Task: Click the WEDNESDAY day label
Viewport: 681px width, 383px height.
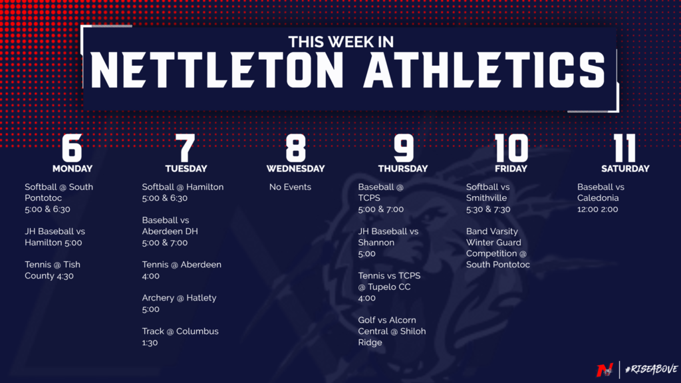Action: pos(295,168)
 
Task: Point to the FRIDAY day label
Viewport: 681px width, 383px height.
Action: pos(511,168)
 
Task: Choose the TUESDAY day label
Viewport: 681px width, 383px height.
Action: pos(186,168)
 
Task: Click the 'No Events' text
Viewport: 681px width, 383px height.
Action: pos(290,187)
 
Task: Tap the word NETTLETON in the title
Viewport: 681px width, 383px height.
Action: pos(217,70)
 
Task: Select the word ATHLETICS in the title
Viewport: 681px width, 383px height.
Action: pos(485,70)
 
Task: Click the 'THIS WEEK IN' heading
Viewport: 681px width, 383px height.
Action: pos(341,42)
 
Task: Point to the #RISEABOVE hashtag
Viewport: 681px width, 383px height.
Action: pos(651,370)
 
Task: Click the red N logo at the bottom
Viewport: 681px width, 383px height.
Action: pos(605,370)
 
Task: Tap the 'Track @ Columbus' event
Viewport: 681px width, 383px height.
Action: pos(180,331)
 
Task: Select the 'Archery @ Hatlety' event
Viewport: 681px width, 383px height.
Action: pos(179,298)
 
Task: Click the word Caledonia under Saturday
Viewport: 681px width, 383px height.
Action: pos(598,198)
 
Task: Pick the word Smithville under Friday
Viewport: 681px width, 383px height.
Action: pos(486,198)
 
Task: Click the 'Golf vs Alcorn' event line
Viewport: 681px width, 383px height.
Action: pos(387,320)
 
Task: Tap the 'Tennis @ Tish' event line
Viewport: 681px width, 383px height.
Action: pos(53,265)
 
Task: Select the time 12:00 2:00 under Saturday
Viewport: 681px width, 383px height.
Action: pos(598,209)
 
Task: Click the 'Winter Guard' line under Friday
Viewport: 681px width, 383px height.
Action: pos(493,242)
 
